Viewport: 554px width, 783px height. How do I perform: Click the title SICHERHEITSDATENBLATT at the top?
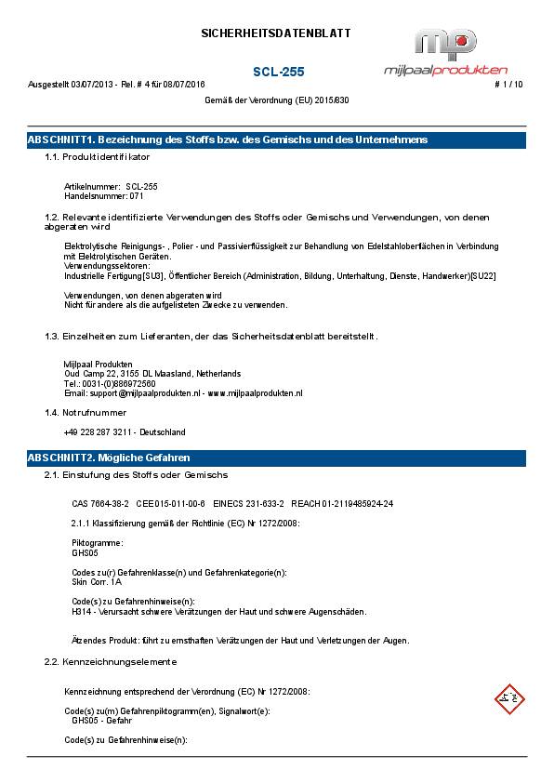(x=276, y=33)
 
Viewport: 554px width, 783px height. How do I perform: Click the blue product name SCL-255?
(x=278, y=72)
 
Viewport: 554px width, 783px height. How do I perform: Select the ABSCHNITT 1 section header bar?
(x=276, y=139)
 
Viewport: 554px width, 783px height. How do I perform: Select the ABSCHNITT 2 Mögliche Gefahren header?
(x=276, y=458)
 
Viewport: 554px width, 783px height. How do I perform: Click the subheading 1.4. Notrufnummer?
(x=86, y=412)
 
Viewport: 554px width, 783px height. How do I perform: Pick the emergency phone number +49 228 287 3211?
(x=99, y=432)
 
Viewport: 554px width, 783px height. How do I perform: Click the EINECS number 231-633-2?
(x=262, y=503)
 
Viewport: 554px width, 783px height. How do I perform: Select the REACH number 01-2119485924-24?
(x=358, y=503)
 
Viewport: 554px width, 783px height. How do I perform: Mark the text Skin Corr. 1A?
(x=96, y=581)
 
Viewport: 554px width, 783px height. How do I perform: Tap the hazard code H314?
(x=82, y=612)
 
